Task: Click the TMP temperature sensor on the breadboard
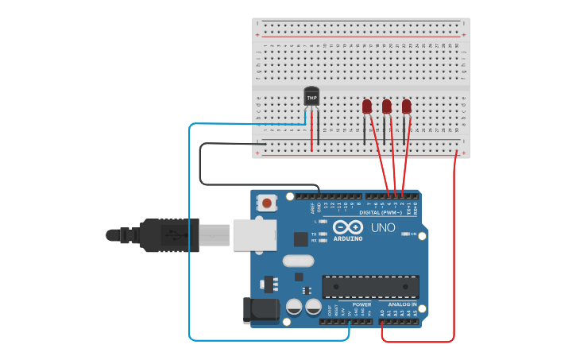point(311,96)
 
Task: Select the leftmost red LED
point(367,106)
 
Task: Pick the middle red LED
point(387,106)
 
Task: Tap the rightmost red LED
point(407,106)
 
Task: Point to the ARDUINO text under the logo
point(348,238)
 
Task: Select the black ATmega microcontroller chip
point(369,287)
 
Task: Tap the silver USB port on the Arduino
point(254,235)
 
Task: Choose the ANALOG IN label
point(402,304)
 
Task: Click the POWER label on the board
point(361,304)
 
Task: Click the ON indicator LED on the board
point(406,234)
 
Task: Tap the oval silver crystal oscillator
point(298,261)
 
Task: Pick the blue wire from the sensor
point(189,238)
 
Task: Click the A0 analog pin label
point(382,313)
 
